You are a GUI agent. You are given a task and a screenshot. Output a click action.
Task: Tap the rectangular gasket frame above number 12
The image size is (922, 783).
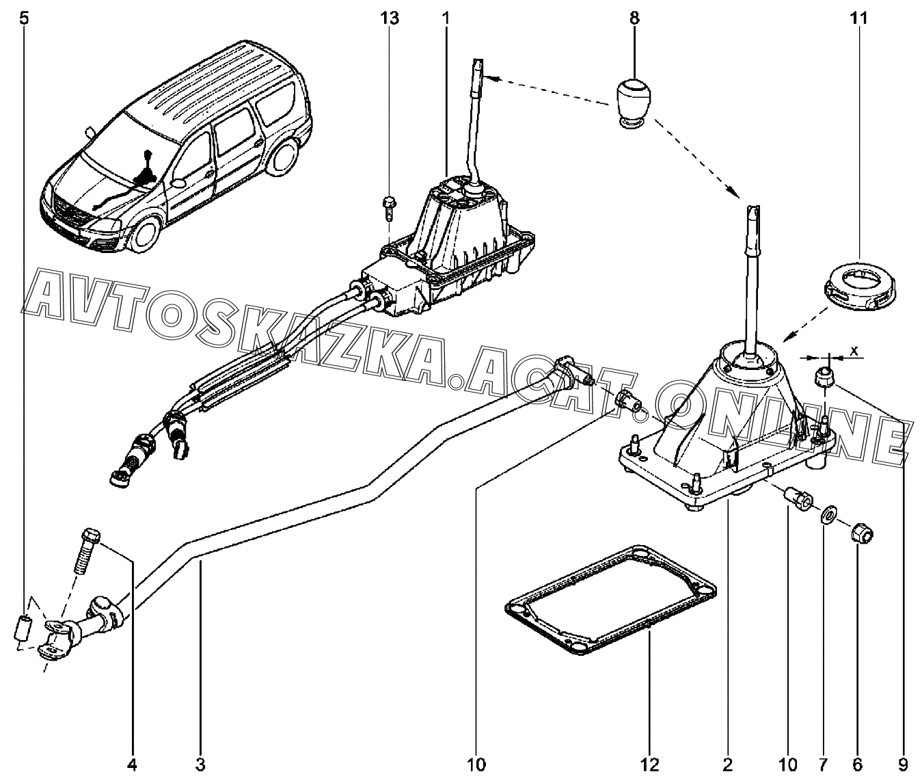click(610, 606)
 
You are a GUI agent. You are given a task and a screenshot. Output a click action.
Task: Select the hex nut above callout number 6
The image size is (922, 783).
click(862, 533)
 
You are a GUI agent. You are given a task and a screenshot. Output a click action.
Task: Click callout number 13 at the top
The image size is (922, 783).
click(390, 18)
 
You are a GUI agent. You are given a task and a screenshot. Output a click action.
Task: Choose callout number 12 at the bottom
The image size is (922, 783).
click(651, 765)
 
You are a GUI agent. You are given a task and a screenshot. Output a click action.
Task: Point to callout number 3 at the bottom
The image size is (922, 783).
click(200, 765)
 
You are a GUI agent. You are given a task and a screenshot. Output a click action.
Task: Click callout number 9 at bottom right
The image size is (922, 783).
click(903, 765)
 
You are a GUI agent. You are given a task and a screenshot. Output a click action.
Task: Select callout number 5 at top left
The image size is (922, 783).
click(24, 18)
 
